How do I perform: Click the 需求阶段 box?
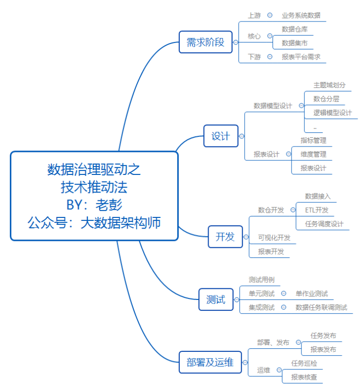pyautogui.click(x=205, y=42)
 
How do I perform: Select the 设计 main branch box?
pyautogui.click(x=220, y=136)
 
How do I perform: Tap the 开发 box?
pyautogui.click(x=225, y=237)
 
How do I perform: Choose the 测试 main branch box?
pyautogui.click(x=215, y=299)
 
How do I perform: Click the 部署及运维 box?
pyautogui.click(x=210, y=363)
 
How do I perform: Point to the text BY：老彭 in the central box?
pyautogui.click(x=94, y=204)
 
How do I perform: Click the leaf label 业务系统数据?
pyautogui.click(x=301, y=15)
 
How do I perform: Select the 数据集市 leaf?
pyautogui.click(x=295, y=43)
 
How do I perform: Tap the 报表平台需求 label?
pyautogui.click(x=301, y=57)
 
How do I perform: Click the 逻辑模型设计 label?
pyautogui.click(x=332, y=112)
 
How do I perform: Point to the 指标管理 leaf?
pyautogui.click(x=313, y=140)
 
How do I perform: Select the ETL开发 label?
pyautogui.click(x=317, y=210)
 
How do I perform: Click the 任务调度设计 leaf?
pyautogui.click(x=324, y=224)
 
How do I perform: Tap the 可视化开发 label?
pyautogui.click(x=274, y=237)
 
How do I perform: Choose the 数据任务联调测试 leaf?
pyautogui.click(x=321, y=307)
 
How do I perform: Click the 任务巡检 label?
pyautogui.click(x=304, y=363)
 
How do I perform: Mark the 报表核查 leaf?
pyautogui.click(x=304, y=377)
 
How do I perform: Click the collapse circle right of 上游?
pyautogui.click(x=270, y=15)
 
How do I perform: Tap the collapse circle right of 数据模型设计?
pyautogui.click(x=301, y=106)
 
